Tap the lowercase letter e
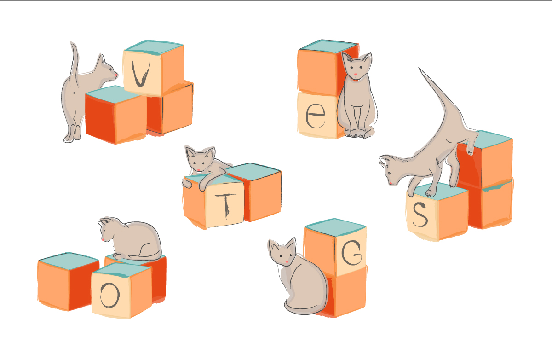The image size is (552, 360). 315,116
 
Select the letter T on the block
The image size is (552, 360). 226,205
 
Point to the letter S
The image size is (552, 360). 420,215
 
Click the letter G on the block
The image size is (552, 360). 351,253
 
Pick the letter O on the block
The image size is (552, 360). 109,295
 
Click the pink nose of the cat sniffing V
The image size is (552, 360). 116,75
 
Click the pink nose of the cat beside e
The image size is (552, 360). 356,74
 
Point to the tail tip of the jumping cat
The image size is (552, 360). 420,69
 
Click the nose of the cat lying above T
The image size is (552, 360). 198,170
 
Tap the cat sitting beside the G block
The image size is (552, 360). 299,279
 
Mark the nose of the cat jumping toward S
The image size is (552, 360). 391,183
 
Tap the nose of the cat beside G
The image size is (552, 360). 287,261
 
